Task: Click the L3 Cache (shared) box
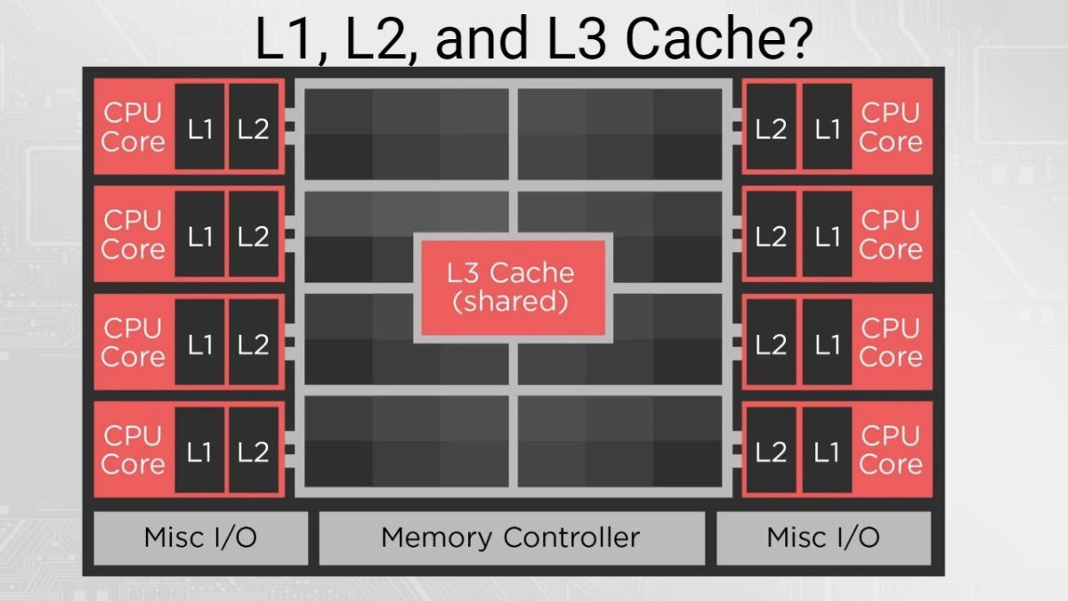512,287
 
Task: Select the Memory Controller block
510,538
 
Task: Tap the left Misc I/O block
200,538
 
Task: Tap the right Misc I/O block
823,538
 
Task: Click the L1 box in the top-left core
200,127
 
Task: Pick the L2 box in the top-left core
254,127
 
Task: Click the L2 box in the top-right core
771,127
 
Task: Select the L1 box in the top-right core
827,127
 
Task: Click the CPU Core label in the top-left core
133,127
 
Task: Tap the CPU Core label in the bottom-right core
891,451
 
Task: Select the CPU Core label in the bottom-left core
133,451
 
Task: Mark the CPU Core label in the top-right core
891,127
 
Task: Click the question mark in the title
796,39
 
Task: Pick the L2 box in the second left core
254,236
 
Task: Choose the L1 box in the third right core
827,345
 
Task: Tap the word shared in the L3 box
510,302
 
